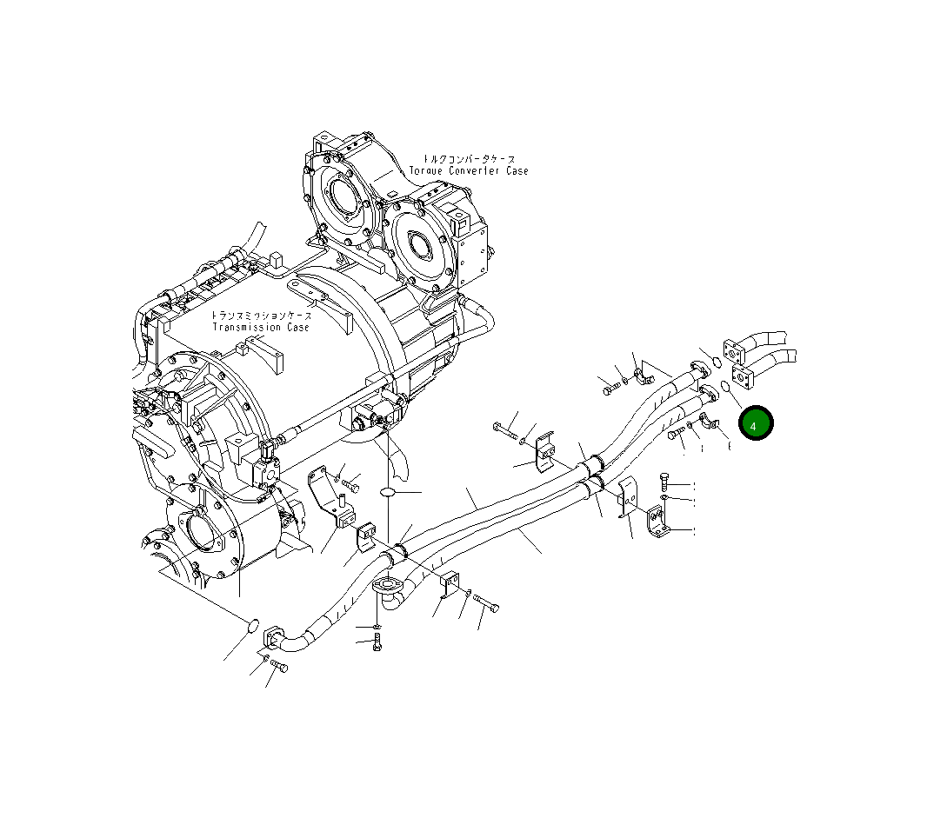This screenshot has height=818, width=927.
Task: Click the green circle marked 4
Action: pyautogui.click(x=756, y=423)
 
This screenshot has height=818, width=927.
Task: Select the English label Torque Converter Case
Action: pyautogui.click(x=468, y=171)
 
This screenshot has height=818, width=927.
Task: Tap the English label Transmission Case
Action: pyautogui.click(x=261, y=328)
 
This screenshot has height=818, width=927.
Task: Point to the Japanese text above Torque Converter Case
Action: pyautogui.click(x=469, y=159)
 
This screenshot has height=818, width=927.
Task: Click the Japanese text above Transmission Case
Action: pyautogui.click(x=261, y=316)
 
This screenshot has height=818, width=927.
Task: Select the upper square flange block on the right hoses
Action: pyautogui.click(x=736, y=351)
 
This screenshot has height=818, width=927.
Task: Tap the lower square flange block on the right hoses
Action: pyautogui.click(x=744, y=378)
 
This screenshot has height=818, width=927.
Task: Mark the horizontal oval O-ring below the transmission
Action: pyautogui.click(x=389, y=493)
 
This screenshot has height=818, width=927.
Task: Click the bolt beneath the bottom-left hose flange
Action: pyautogui.click(x=278, y=666)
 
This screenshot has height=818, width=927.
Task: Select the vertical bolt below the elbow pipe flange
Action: pyautogui.click(x=376, y=642)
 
